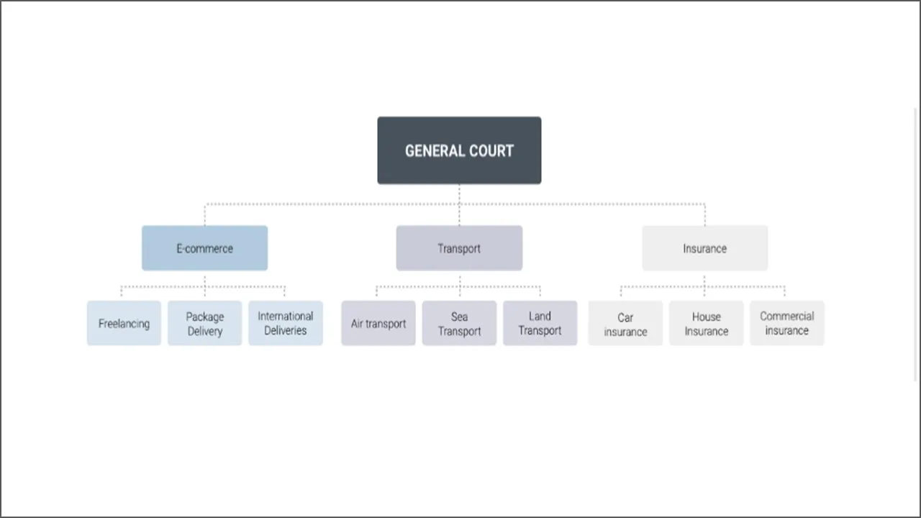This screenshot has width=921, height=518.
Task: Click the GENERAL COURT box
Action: tap(459, 150)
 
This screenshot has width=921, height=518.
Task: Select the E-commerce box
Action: tap(205, 248)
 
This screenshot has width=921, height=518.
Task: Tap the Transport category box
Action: tap(459, 248)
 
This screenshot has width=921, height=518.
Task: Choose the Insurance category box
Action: tap(704, 248)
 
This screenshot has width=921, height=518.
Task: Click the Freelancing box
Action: tap(124, 323)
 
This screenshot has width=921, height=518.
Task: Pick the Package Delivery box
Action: tap(205, 323)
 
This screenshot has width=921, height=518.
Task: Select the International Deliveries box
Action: tap(286, 323)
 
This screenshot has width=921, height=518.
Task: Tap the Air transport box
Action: tap(378, 323)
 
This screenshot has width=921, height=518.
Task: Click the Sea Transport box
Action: tap(459, 323)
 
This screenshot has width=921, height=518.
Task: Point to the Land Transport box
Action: tap(540, 323)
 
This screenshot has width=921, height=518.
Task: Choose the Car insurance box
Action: tap(625, 323)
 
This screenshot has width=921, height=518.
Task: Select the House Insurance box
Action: tap(707, 323)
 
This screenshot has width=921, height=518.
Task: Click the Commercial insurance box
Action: tap(787, 323)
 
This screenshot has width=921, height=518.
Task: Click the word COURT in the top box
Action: tap(491, 151)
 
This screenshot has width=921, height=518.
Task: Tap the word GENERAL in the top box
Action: tap(435, 151)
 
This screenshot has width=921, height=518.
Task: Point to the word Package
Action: tap(205, 317)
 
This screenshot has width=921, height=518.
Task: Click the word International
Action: tap(286, 316)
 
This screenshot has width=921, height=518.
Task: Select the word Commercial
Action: tap(787, 316)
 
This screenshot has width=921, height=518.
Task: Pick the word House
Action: tap(707, 317)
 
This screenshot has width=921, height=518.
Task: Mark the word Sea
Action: tap(459, 317)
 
